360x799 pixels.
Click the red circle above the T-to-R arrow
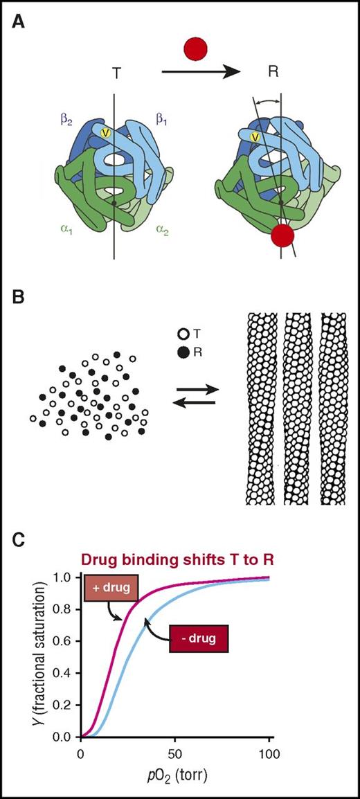pos(196,51)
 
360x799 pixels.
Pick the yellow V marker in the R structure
pos(255,137)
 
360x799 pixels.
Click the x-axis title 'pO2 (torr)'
pos(176,779)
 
